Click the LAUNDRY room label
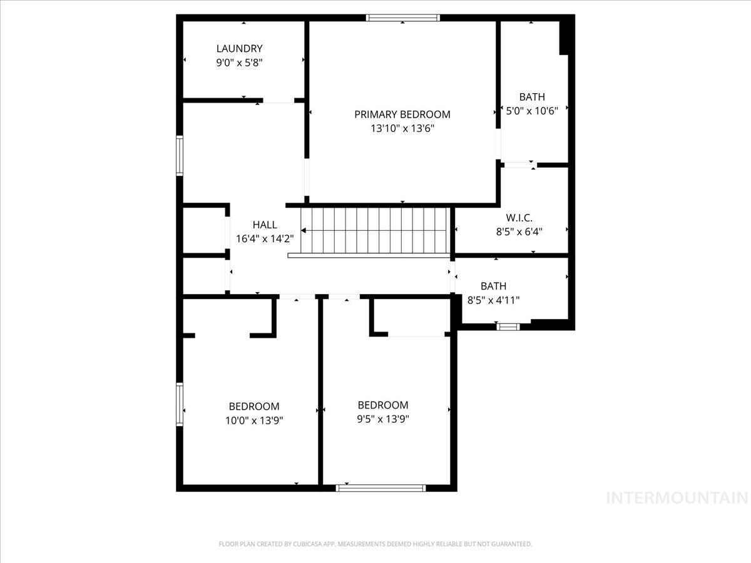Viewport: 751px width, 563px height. (x=239, y=49)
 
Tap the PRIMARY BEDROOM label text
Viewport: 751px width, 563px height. (x=402, y=114)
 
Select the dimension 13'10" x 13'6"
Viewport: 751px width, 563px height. (x=402, y=129)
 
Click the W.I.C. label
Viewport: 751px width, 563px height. (x=519, y=218)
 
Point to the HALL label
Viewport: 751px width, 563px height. (x=265, y=225)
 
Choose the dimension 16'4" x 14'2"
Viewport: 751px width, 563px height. (x=265, y=238)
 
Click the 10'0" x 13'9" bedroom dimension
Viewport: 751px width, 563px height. (x=254, y=420)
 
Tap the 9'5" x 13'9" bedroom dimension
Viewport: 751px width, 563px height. (x=383, y=419)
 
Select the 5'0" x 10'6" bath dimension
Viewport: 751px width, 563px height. (x=531, y=110)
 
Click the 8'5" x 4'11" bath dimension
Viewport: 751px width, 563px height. (x=494, y=300)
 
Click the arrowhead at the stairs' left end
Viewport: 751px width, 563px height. (x=304, y=231)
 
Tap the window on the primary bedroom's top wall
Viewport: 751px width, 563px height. (x=403, y=18)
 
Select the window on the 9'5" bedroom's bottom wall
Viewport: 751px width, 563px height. (x=381, y=488)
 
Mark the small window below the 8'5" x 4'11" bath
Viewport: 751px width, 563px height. (x=508, y=326)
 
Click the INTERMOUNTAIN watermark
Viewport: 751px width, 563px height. (x=677, y=498)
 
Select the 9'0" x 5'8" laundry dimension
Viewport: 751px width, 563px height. (x=239, y=63)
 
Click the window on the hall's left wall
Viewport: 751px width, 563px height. (x=180, y=156)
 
